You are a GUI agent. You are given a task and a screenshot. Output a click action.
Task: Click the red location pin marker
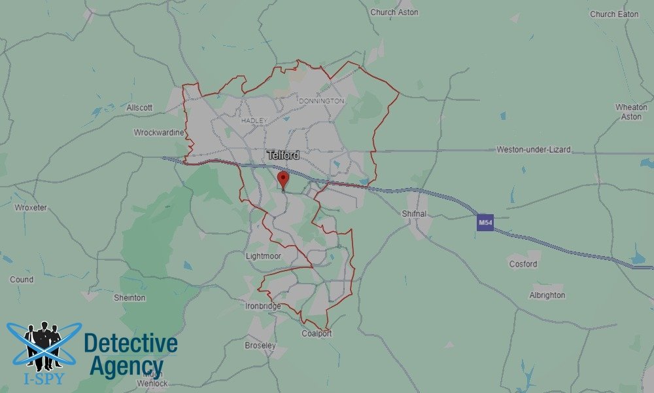tap(283, 178)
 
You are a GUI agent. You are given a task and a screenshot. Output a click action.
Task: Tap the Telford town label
tap(283, 155)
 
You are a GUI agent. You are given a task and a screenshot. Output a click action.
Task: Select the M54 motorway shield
tap(485, 223)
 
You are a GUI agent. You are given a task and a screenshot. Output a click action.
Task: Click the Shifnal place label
tap(415, 214)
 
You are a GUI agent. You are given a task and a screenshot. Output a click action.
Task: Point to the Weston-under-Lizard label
tap(533, 150)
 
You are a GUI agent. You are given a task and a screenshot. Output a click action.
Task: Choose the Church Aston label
tap(394, 12)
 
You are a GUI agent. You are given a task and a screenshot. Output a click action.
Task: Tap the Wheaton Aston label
tap(631, 111)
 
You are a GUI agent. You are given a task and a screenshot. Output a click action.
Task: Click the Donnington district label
tap(320, 102)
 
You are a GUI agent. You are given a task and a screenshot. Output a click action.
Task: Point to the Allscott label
tap(139, 107)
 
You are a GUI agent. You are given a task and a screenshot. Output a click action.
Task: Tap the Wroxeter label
tap(31, 208)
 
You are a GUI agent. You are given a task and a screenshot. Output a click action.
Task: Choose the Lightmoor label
tap(263, 256)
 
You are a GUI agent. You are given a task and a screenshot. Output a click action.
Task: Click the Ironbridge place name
tap(263, 306)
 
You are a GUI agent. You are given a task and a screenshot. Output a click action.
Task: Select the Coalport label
tap(317, 333)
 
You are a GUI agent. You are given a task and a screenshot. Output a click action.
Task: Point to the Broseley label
tap(260, 345)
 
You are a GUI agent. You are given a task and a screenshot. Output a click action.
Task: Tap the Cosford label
tap(523, 264)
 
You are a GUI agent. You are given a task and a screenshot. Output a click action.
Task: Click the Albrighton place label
tap(547, 295)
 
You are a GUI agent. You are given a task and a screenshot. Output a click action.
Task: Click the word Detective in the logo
tap(131, 343)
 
